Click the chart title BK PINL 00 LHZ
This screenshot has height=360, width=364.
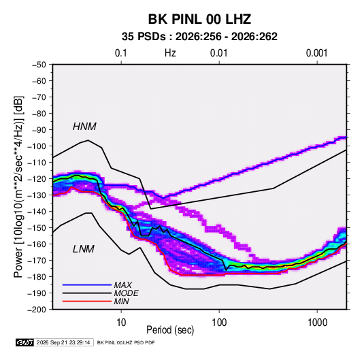point(199,19)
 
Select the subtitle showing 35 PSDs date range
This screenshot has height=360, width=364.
point(199,37)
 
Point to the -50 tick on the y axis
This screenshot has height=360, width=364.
point(39,65)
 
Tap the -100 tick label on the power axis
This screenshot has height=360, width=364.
point(37,146)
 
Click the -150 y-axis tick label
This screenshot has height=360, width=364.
point(37,228)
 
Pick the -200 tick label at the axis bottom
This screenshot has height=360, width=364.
point(37,310)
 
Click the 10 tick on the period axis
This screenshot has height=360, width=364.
point(121,323)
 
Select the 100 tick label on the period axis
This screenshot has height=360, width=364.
point(219,323)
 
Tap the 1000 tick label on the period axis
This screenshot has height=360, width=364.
point(317,323)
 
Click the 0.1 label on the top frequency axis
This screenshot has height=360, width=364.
point(121,53)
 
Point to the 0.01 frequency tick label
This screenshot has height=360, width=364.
point(218,53)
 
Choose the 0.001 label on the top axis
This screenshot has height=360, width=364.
point(316,53)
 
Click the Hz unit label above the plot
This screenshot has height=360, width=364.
point(170,53)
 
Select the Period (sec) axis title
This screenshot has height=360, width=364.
point(170,330)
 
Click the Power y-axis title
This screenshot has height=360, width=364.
point(18,186)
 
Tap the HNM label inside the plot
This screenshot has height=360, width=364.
point(84,127)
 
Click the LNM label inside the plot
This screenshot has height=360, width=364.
point(84,249)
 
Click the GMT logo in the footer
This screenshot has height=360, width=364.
point(24,342)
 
